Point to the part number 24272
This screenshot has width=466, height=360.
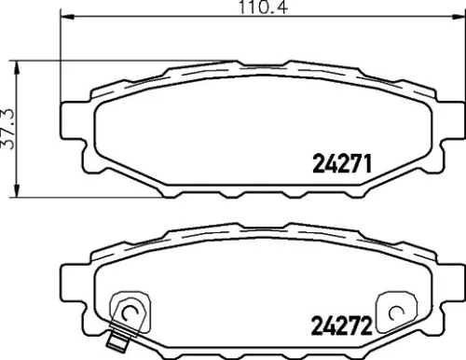point(339,327)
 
